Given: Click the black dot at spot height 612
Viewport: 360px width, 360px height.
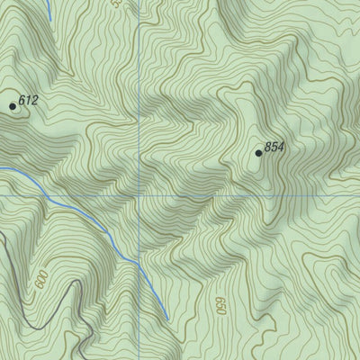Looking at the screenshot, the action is [x=13, y=106].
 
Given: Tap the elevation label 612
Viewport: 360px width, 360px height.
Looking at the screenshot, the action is [x=28, y=101].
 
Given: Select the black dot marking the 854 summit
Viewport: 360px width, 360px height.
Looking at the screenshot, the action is [x=259, y=153].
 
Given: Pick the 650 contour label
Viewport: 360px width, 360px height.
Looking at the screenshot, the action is [x=220, y=307].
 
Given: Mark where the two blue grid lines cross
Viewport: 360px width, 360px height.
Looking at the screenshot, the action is [x=140, y=194].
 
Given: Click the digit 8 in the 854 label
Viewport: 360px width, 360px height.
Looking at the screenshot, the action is [x=268, y=147].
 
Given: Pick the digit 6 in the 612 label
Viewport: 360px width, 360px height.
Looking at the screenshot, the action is [x=22, y=101].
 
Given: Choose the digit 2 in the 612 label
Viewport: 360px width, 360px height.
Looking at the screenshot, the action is [x=34, y=101].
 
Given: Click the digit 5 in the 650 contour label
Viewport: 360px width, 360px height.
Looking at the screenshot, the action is [x=220, y=307].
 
